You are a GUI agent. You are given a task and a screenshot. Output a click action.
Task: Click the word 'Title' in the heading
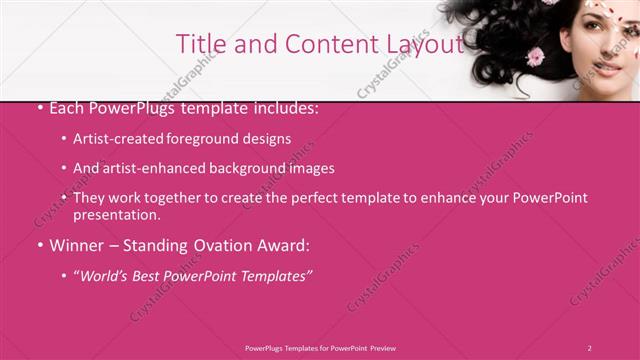[198, 44]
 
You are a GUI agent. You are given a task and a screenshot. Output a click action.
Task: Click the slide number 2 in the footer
[589, 347]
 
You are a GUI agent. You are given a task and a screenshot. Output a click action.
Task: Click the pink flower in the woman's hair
[535, 57]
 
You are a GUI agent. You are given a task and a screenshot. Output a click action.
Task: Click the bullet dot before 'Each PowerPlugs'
[39, 108]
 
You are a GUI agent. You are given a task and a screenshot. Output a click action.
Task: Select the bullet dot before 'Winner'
[39, 245]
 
